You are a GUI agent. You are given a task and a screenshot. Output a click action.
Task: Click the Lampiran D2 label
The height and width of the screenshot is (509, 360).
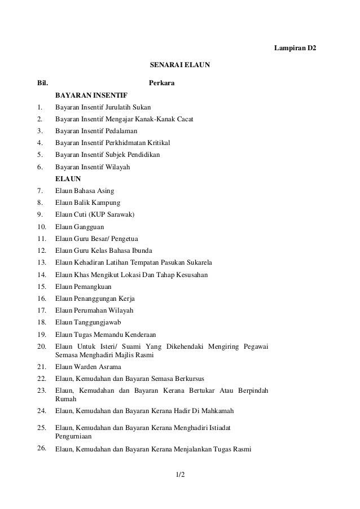click(295, 49)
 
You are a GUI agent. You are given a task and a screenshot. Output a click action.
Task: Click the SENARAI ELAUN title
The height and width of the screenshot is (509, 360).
click(179, 66)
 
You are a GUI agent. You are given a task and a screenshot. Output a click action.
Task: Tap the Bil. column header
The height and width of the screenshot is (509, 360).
click(42, 84)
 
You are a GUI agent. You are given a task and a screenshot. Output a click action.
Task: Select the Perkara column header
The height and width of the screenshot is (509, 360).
click(161, 84)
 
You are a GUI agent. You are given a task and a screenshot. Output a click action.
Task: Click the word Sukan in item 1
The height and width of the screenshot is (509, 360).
click(141, 107)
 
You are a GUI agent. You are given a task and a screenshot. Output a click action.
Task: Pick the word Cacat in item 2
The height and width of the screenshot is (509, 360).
click(183, 119)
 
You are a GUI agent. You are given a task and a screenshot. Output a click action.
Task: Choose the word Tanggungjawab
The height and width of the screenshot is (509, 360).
click(100, 322)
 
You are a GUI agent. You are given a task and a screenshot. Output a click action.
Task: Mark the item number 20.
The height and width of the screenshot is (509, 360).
click(41, 345)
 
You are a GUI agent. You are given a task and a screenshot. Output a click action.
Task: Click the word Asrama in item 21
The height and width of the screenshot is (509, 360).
click(109, 367)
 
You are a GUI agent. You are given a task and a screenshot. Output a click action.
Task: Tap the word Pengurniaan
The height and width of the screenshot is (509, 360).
click(74, 437)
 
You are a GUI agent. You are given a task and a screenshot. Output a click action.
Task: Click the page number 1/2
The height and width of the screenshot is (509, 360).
click(179, 481)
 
